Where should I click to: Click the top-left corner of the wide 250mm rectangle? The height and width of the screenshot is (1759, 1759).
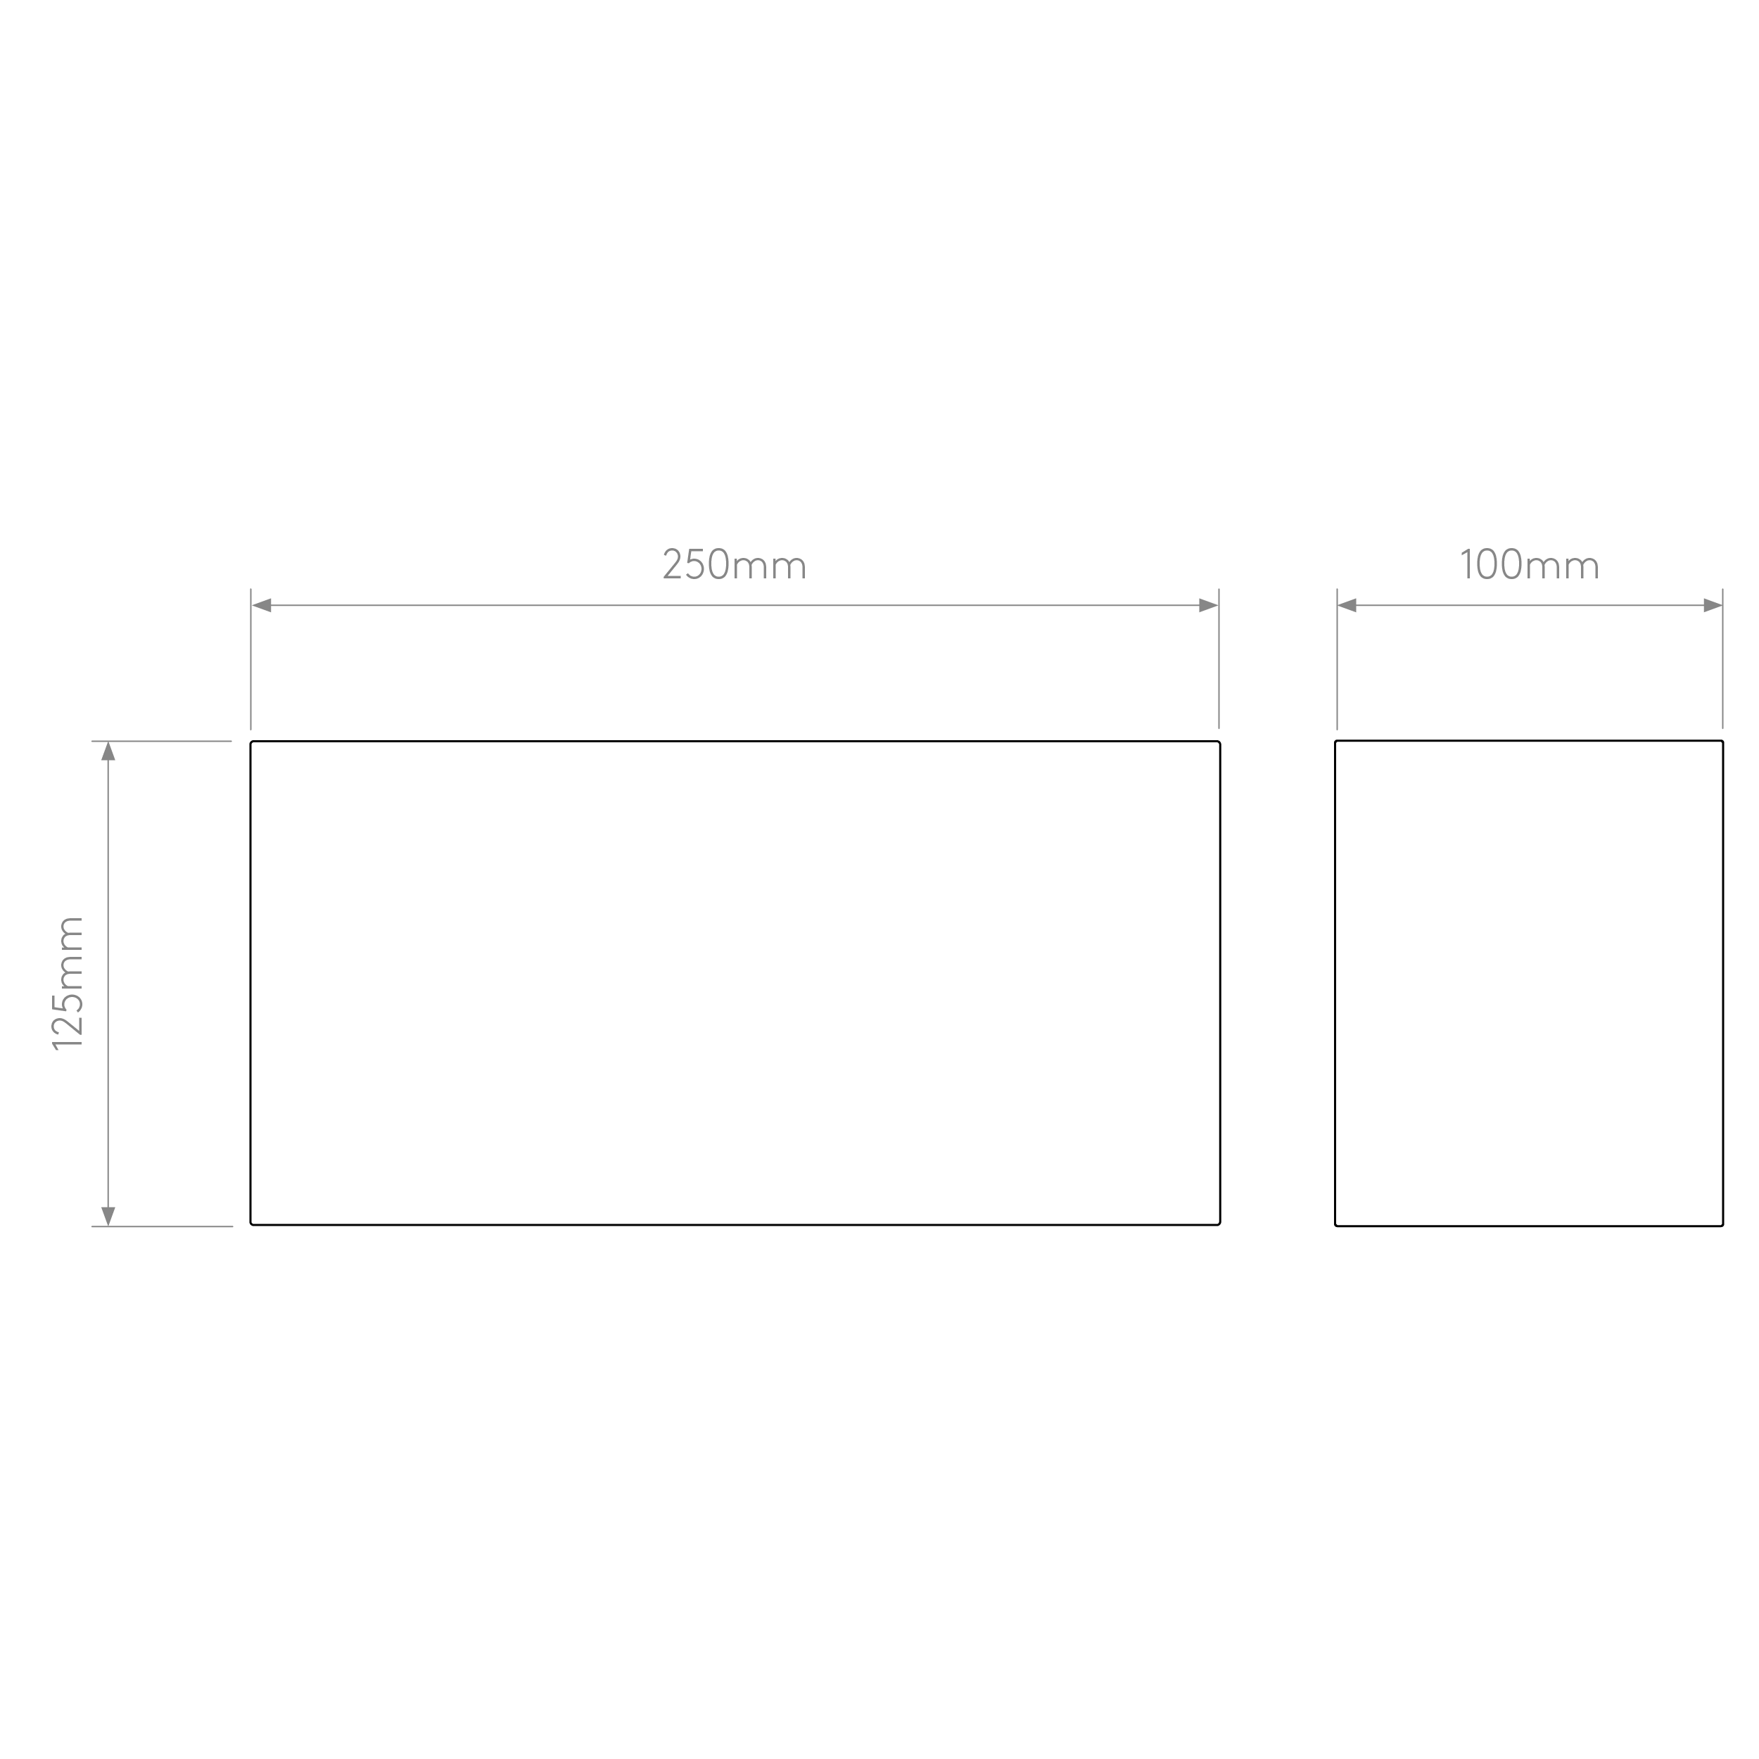(x=251, y=742)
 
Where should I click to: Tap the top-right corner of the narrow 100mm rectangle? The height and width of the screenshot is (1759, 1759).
(x=1722, y=741)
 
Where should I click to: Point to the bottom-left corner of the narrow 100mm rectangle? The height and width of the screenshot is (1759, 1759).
(x=1335, y=1226)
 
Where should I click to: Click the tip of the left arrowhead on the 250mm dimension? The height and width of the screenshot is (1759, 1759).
(x=252, y=606)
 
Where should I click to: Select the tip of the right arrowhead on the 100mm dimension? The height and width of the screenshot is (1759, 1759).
(x=1722, y=606)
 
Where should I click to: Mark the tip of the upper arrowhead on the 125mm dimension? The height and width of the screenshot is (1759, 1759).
(x=108, y=742)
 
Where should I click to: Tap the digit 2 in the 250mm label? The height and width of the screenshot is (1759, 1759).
(x=673, y=564)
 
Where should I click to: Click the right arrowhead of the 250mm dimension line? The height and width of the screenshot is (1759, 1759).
(x=1208, y=606)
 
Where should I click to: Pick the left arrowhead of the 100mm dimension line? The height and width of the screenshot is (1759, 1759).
(x=1347, y=606)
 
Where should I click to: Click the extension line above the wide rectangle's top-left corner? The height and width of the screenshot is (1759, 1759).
(x=251, y=659)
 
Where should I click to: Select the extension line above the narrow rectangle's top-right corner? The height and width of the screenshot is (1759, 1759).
(x=1722, y=659)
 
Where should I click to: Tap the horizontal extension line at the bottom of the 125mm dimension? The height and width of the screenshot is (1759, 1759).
(x=162, y=1226)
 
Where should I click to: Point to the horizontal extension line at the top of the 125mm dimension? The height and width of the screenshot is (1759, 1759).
(x=162, y=741)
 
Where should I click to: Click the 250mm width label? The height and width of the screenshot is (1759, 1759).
(x=735, y=564)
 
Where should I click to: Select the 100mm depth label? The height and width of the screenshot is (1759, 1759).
(x=1530, y=564)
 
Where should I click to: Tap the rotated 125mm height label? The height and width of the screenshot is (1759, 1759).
(x=68, y=984)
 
